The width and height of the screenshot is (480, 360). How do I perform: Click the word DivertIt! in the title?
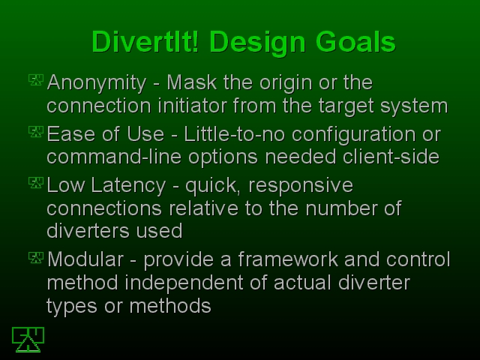[x=145, y=42]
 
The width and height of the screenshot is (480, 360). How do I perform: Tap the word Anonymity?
[x=97, y=83]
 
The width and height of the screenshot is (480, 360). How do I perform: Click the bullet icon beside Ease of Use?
[x=36, y=132]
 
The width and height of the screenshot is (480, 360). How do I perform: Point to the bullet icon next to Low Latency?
[x=36, y=183]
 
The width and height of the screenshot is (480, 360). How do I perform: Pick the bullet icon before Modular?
[x=36, y=257]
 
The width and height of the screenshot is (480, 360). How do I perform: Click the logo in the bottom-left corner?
[x=28, y=340]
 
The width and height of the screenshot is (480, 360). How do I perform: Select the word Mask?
[x=192, y=82]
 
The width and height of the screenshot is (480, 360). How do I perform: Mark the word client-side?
[x=391, y=157]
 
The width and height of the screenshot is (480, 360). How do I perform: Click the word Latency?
[x=128, y=186]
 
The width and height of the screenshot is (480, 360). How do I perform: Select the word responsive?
[x=301, y=186]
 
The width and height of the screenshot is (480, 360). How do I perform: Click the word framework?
[x=288, y=259]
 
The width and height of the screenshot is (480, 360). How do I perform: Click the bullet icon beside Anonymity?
[x=36, y=80]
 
